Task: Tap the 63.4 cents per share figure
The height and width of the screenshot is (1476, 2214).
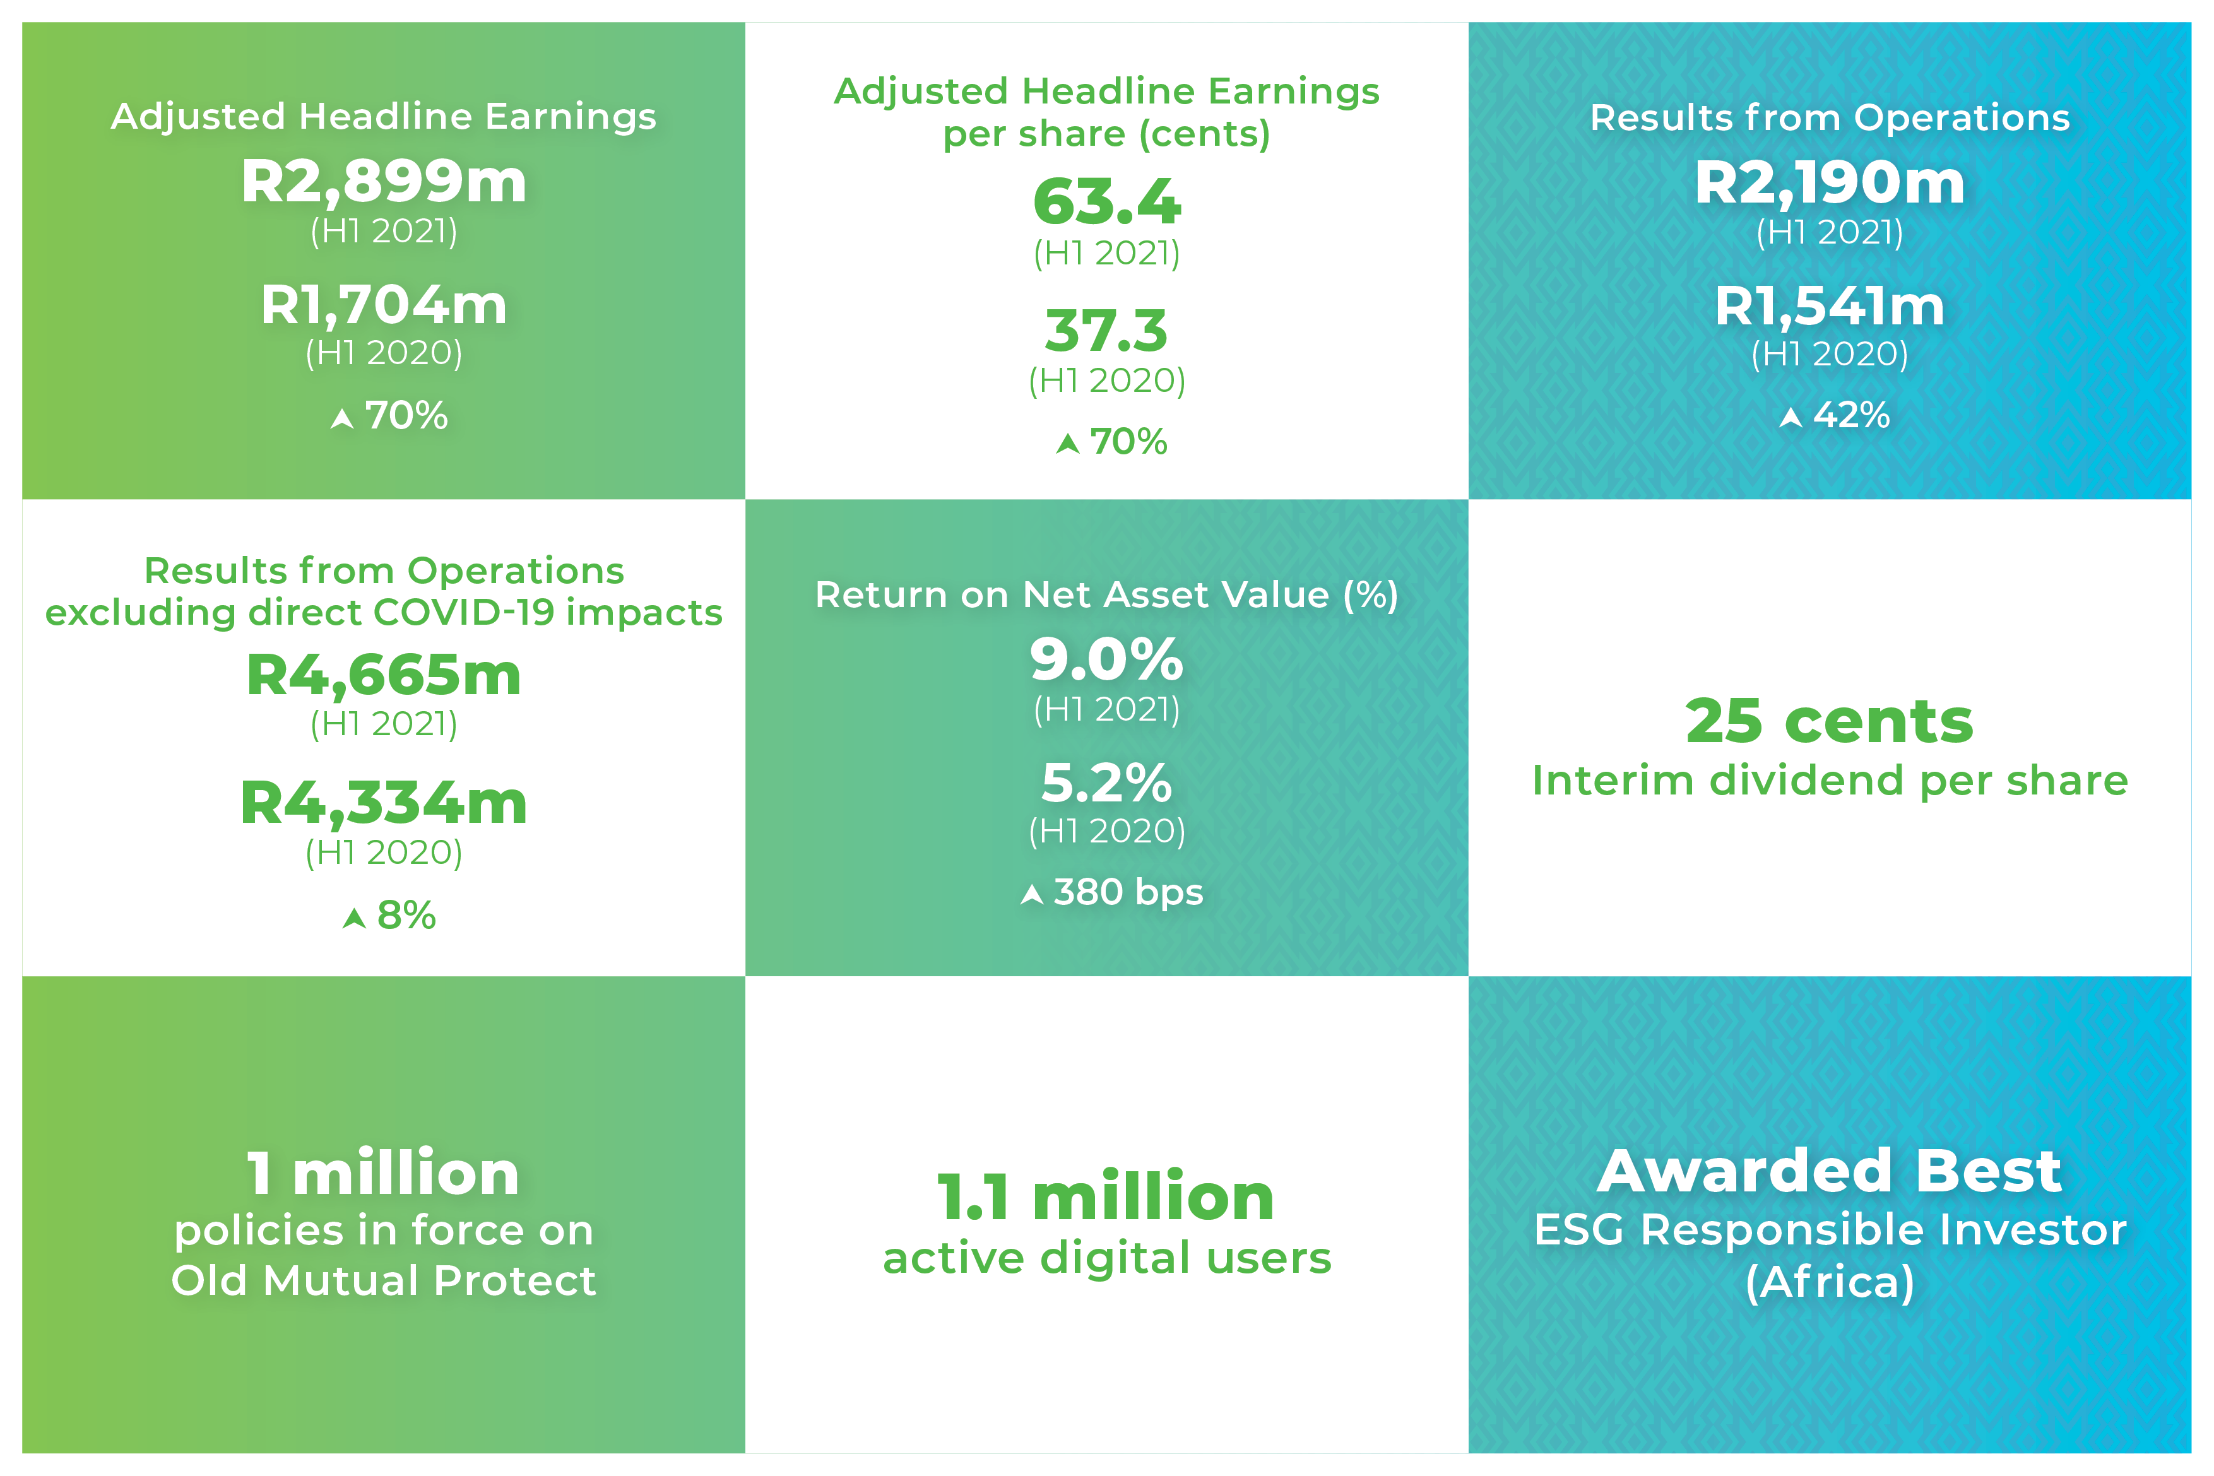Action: coord(1106,203)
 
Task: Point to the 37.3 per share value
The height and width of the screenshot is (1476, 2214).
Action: coord(1106,331)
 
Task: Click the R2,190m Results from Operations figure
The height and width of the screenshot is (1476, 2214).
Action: coord(1829,182)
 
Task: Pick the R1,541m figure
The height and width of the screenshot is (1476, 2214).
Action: coord(1829,306)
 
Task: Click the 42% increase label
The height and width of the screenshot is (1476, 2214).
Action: coord(1850,415)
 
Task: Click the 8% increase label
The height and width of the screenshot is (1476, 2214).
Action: coord(406,915)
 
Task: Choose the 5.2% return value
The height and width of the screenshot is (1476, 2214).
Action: coord(1106,782)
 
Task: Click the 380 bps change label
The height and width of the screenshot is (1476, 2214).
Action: coord(1128,892)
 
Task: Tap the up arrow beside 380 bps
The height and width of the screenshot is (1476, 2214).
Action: coord(1032,894)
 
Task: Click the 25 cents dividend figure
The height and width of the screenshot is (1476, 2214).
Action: coord(1829,721)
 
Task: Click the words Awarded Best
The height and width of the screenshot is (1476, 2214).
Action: coord(1829,1171)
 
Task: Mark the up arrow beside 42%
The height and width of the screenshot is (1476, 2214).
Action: coord(1791,417)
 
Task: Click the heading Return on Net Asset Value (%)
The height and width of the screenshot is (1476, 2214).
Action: coord(1106,595)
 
